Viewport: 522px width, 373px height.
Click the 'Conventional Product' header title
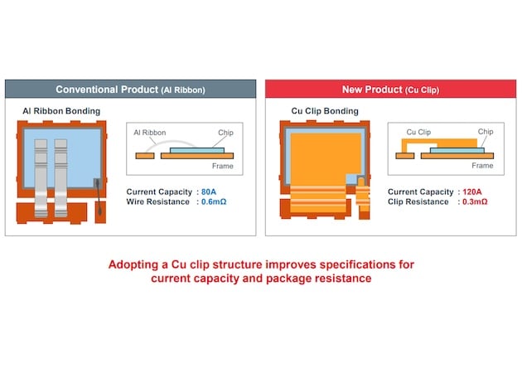pyautogui.click(x=107, y=90)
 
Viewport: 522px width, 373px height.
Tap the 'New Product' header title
pyautogui.click(x=372, y=90)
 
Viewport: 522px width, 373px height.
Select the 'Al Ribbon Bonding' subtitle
pyautogui.click(x=61, y=111)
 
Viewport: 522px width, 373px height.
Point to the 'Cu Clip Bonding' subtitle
pyautogui.click(x=325, y=111)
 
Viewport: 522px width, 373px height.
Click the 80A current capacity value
pyautogui.click(x=209, y=191)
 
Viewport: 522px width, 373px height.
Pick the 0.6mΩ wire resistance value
pyautogui.click(x=214, y=201)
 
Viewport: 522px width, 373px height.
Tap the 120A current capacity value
pyautogui.click(x=472, y=191)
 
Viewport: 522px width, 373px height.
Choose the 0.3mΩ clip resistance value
pyautogui.click(x=475, y=201)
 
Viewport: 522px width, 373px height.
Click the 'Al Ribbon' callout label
pyautogui.click(x=150, y=133)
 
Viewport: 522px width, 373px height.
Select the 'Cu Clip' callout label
pyautogui.click(x=418, y=133)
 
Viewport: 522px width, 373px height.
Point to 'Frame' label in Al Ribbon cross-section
pyautogui.click(x=223, y=166)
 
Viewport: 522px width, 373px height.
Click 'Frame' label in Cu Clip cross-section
pyautogui.click(x=482, y=166)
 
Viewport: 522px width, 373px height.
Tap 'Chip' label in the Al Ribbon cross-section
pyautogui.click(x=225, y=133)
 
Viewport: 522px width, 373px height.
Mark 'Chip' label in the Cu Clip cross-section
pyautogui.click(x=486, y=132)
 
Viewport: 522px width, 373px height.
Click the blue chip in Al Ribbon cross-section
pyautogui.click(x=197, y=150)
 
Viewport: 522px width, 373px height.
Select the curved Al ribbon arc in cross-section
pyautogui.click(x=172, y=142)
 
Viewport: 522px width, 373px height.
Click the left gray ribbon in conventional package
pyautogui.click(x=41, y=178)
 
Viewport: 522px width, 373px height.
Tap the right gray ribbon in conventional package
pyautogui.click(x=61, y=178)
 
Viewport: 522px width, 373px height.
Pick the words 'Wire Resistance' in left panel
pyautogui.click(x=157, y=201)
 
